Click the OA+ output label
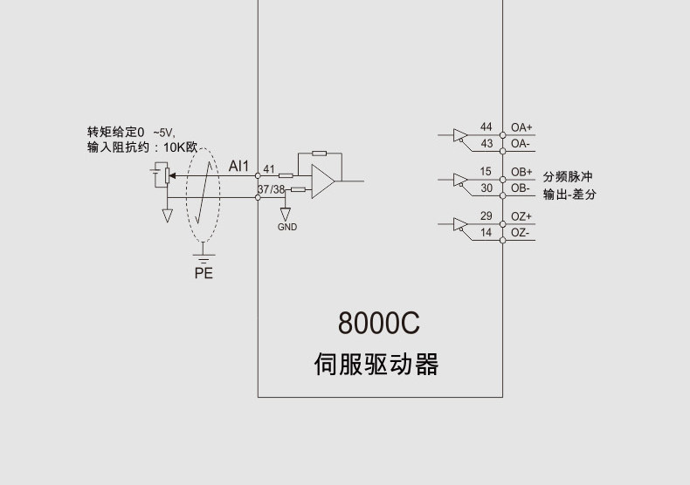coord(521,127)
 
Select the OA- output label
coord(521,143)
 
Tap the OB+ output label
coord(521,172)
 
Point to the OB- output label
coord(521,188)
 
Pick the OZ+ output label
coord(521,216)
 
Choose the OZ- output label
coord(521,233)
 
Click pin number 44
coord(486,127)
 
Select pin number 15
coord(486,172)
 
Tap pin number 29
coord(486,216)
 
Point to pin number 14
coord(486,233)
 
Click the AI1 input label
coord(239,166)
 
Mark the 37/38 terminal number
coord(272,189)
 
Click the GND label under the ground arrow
coord(286,227)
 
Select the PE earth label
coord(204,274)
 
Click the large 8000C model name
coord(379,324)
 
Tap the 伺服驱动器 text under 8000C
coord(376,364)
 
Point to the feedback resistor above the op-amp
coord(319,154)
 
